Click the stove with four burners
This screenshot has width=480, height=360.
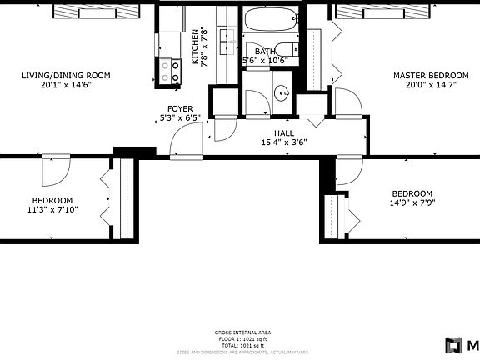(171, 71)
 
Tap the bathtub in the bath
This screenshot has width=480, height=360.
(270, 19)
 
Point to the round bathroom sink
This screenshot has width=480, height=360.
(282, 92)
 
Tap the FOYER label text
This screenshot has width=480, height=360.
(180, 108)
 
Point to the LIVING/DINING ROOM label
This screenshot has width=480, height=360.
(66, 76)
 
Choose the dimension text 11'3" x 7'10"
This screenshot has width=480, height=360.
(52, 210)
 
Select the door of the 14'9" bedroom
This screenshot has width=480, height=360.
(347, 170)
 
